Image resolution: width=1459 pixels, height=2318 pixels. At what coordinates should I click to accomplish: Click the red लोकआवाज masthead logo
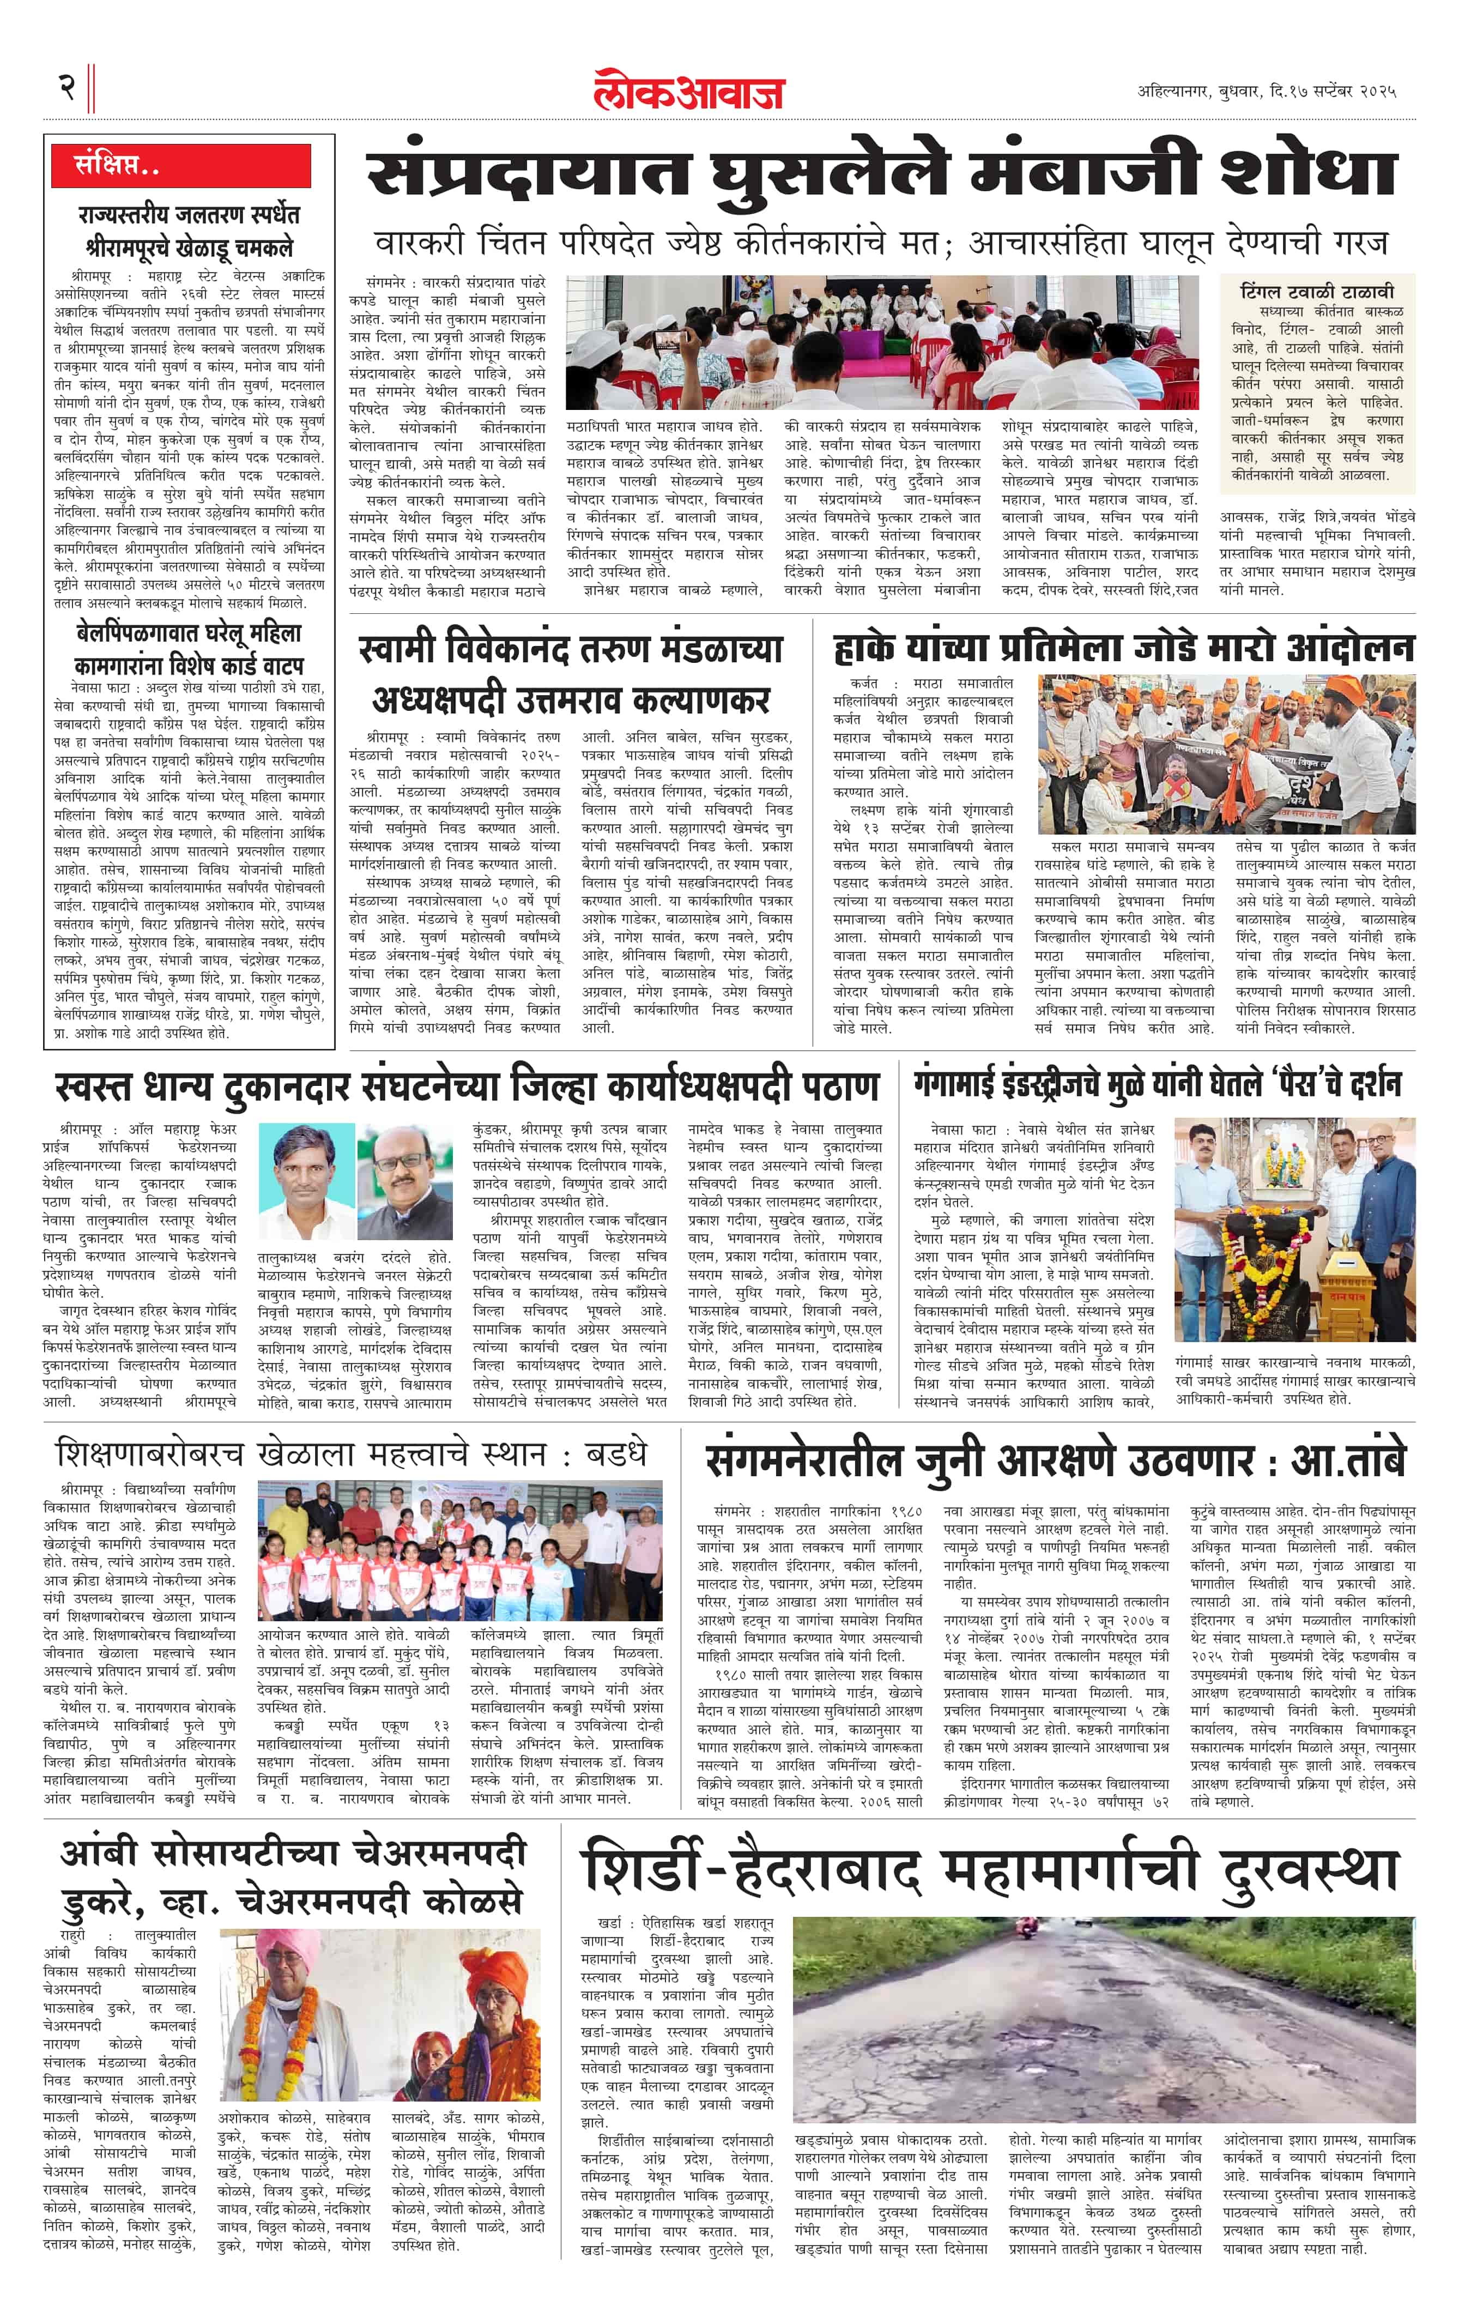[x=688, y=92]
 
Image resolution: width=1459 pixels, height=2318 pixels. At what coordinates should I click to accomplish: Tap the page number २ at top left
[x=68, y=88]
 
